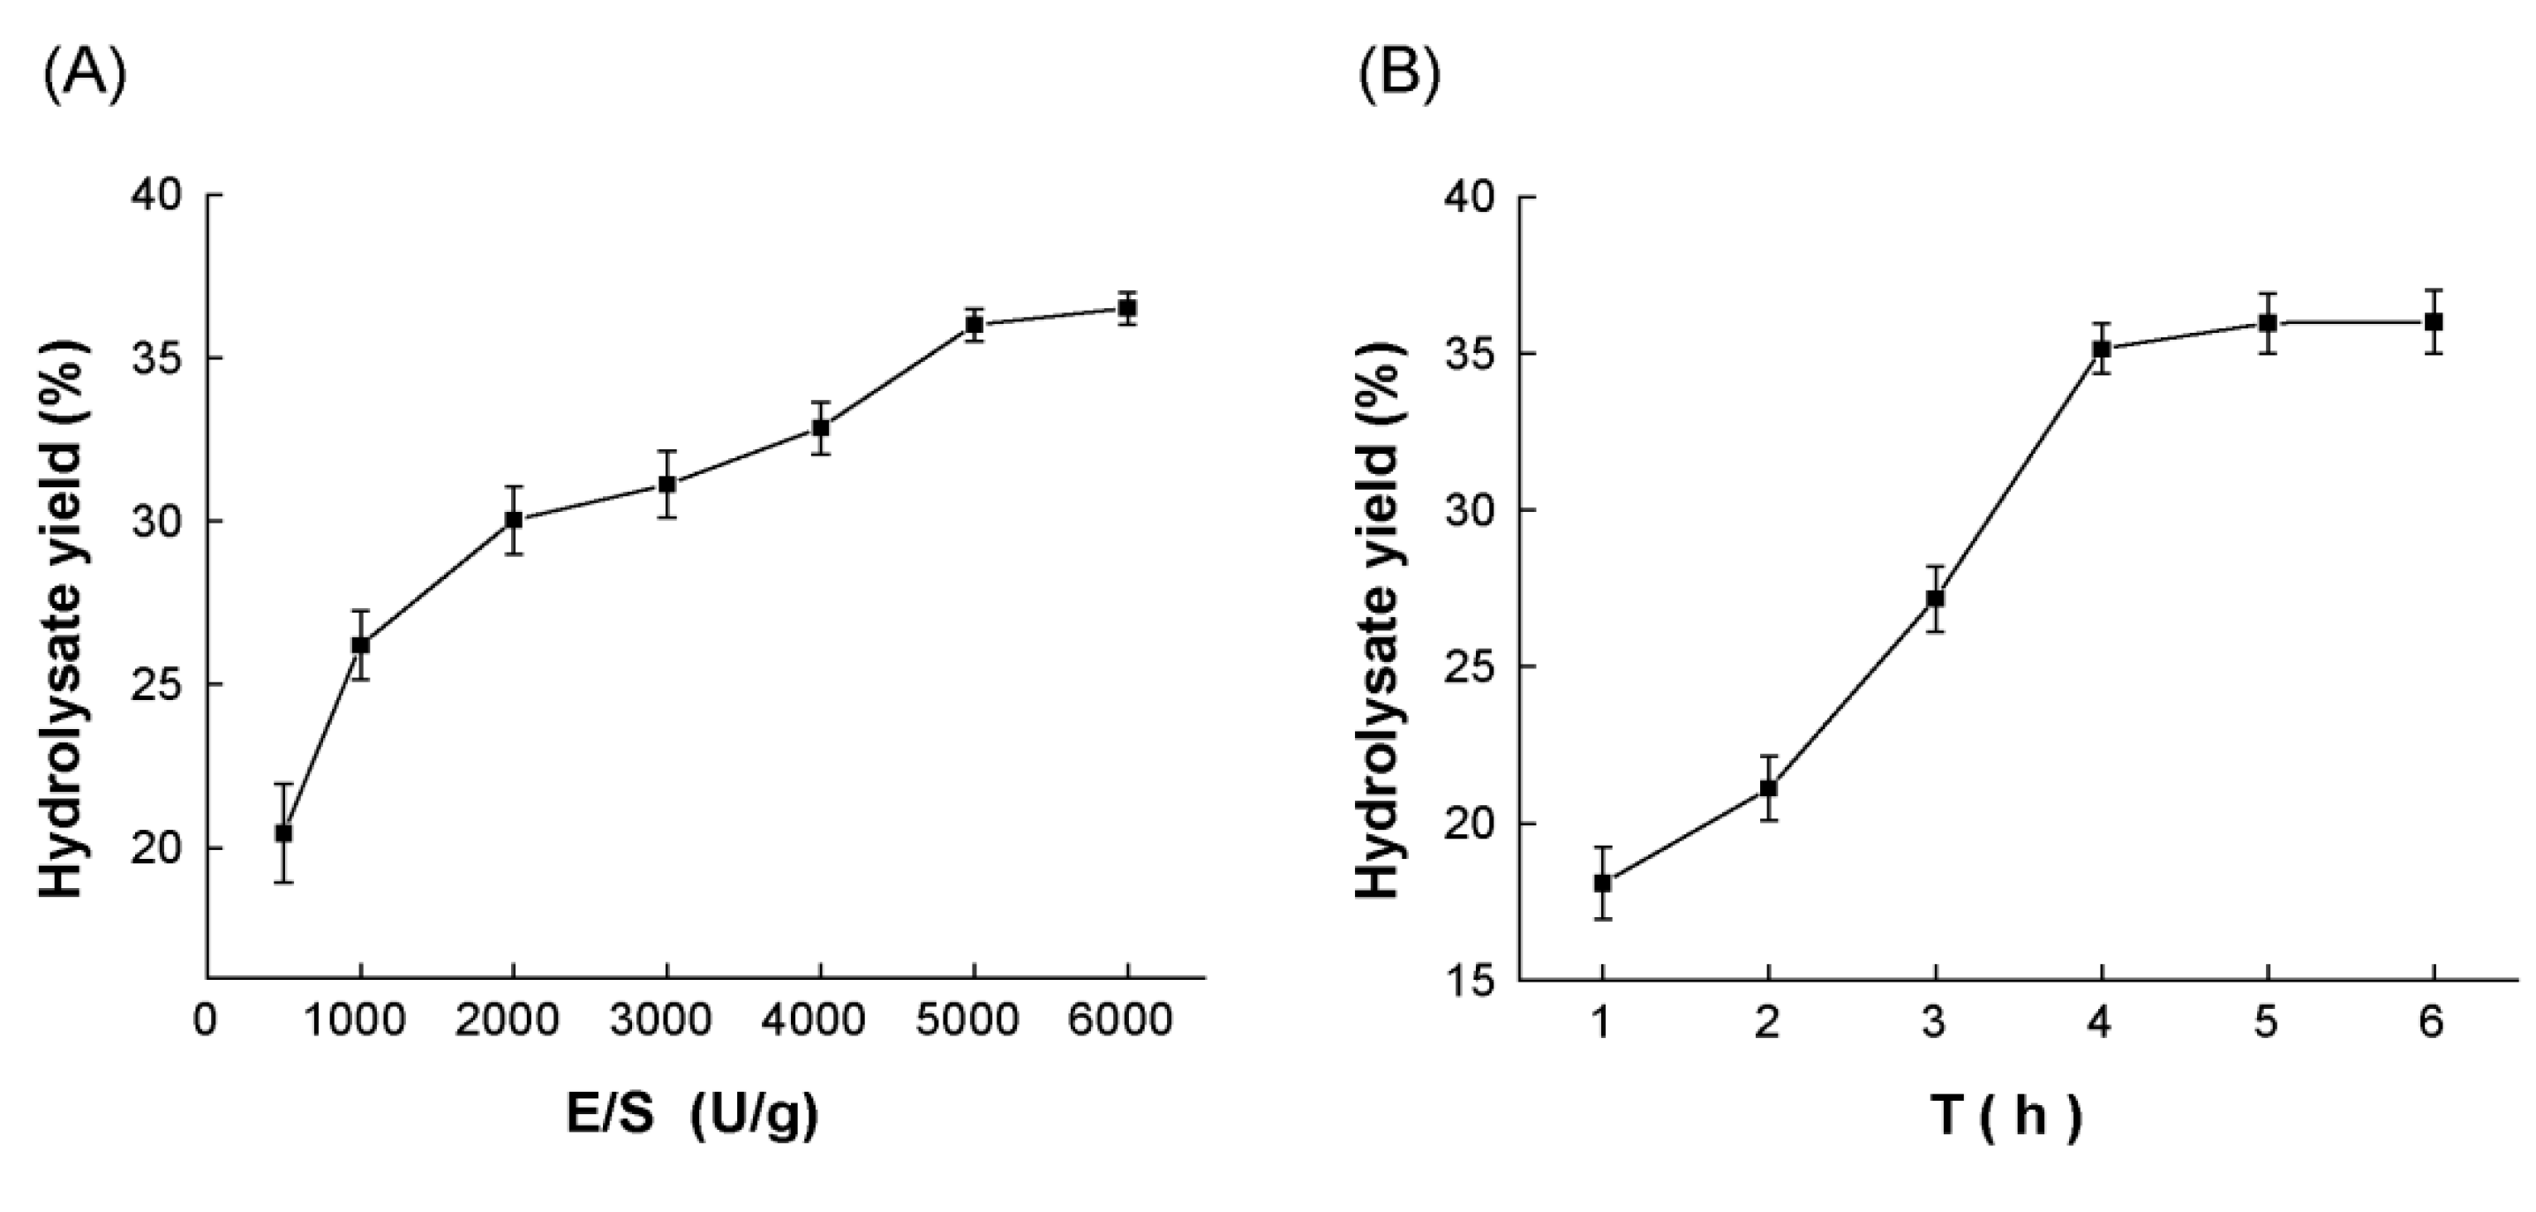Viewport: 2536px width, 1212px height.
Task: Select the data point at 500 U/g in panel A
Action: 283,833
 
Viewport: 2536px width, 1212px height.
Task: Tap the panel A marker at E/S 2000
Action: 514,520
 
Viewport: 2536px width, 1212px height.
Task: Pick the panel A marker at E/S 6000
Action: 1127,308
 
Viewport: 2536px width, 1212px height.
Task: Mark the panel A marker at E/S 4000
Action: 820,428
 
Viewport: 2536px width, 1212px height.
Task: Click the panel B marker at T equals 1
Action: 1603,883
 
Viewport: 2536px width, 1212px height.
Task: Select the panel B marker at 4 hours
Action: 2102,349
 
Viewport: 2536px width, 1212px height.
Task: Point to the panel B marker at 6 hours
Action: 2434,322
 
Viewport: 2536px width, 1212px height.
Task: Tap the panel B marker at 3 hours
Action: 1936,598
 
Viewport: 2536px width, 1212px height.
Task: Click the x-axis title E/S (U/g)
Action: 691,1118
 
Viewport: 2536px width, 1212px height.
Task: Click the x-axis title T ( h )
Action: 2005,1118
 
